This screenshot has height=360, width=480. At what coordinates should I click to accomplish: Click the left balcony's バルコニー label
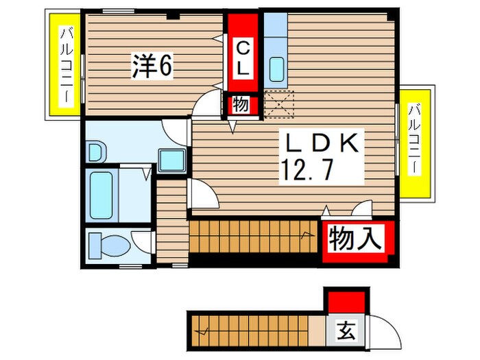tap(67, 65)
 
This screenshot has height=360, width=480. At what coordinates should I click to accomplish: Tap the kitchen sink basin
tap(277, 69)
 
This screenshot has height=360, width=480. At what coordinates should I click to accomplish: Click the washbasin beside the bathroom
tap(96, 152)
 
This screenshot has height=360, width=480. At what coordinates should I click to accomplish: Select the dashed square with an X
tap(278, 104)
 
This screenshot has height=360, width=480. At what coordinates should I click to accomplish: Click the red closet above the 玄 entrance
tap(346, 300)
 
